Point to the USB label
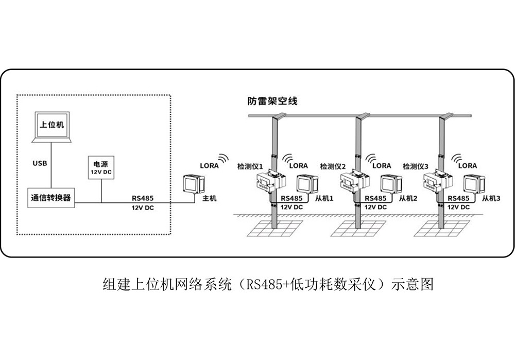(x=40, y=163)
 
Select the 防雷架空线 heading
(x=272, y=101)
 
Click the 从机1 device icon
(x=307, y=184)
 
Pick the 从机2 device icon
(x=391, y=184)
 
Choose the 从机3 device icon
(x=474, y=184)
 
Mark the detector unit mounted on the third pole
(x=437, y=183)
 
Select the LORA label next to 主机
(x=209, y=166)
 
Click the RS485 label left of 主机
(x=142, y=198)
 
